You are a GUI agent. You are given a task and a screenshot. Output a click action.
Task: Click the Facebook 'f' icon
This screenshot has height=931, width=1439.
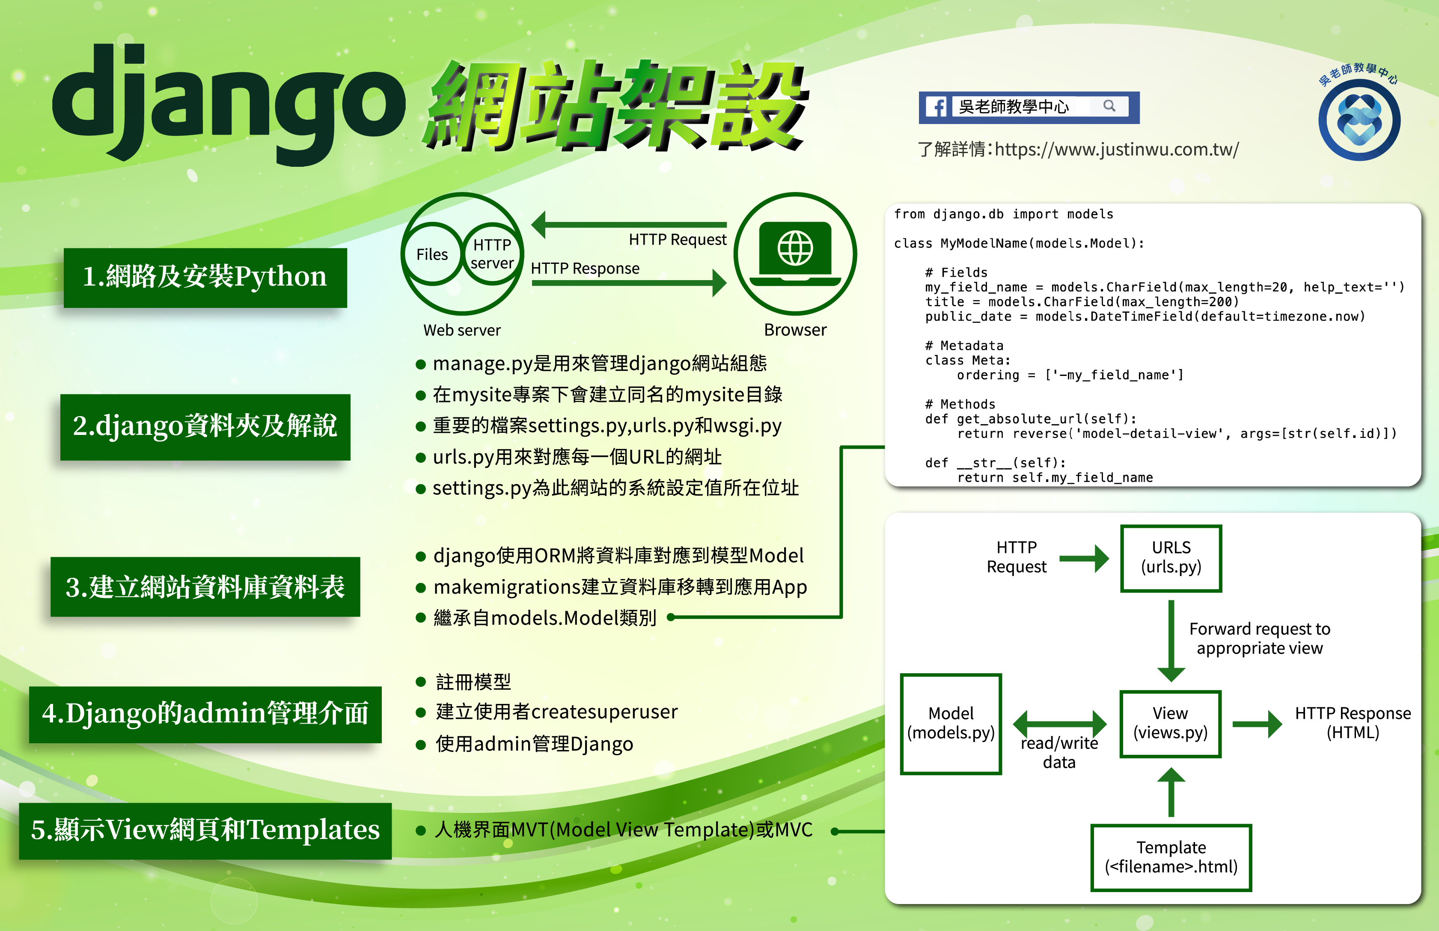click(937, 107)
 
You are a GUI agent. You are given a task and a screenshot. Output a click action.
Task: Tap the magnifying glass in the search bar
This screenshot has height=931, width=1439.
click(1109, 106)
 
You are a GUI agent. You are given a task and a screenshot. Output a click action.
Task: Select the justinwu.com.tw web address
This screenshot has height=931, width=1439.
click(1117, 149)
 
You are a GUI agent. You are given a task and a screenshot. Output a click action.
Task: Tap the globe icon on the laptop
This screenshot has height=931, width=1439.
click(795, 248)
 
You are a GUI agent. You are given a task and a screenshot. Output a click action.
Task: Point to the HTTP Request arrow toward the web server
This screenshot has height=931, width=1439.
click(629, 225)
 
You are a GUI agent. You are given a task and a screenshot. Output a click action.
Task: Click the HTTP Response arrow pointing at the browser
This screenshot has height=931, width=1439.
click(629, 283)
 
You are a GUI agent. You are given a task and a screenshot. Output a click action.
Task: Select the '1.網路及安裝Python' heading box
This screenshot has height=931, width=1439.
click(205, 277)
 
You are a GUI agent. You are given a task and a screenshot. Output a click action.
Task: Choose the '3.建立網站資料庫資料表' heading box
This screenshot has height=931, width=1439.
click(205, 587)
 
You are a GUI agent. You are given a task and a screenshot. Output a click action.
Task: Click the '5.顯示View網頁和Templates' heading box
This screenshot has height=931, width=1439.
click(205, 831)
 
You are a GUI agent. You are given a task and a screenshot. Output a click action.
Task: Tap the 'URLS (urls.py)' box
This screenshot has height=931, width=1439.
click(1171, 558)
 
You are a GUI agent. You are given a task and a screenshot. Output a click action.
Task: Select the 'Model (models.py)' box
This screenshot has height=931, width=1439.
click(951, 724)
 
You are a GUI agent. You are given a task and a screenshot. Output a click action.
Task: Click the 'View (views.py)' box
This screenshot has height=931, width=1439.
click(1171, 724)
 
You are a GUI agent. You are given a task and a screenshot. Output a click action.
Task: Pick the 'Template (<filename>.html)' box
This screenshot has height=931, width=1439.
click(1171, 857)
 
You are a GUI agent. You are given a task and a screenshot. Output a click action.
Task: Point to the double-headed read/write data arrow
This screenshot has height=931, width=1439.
click(1060, 724)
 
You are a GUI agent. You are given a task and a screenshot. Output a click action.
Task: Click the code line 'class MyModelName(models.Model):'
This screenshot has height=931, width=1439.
click(1019, 243)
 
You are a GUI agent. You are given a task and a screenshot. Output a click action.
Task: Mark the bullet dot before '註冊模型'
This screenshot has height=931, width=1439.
click(422, 682)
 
